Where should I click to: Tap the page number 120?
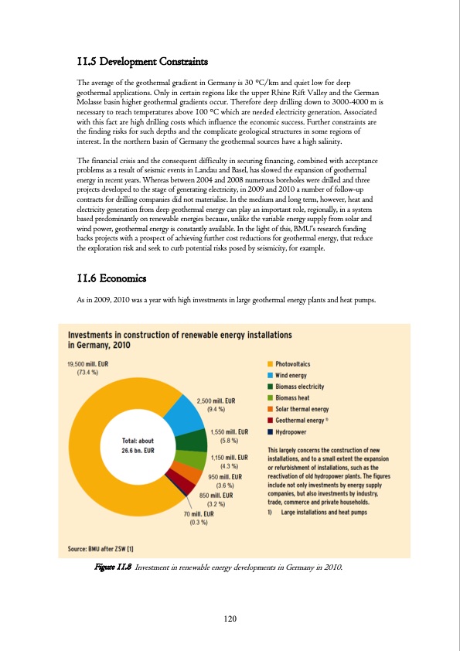pyautogui.click(x=229, y=618)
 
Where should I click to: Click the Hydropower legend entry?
pyautogui.click(x=295, y=431)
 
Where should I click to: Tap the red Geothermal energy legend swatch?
pyautogui.click(x=270, y=420)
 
